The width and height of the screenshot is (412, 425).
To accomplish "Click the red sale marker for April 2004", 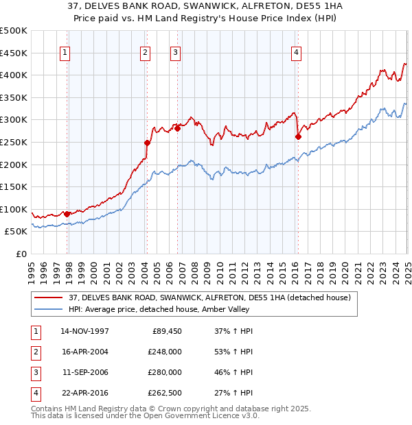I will [x=147, y=143].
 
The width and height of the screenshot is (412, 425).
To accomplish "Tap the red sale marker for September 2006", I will [x=177, y=127].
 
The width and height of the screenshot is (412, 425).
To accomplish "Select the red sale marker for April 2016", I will [x=298, y=136].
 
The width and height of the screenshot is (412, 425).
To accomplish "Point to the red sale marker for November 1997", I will [x=67, y=214].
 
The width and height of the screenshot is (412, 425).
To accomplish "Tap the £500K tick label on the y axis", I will [x=14, y=31].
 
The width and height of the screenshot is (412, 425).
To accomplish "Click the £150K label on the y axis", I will [x=14, y=186].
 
